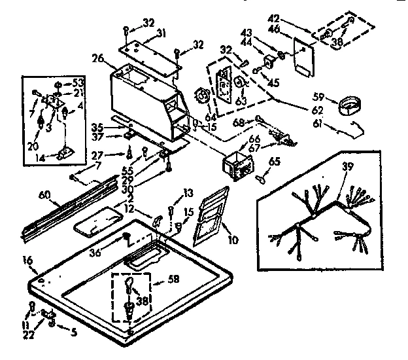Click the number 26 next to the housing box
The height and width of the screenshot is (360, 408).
98,58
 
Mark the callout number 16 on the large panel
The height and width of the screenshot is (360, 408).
26,261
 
